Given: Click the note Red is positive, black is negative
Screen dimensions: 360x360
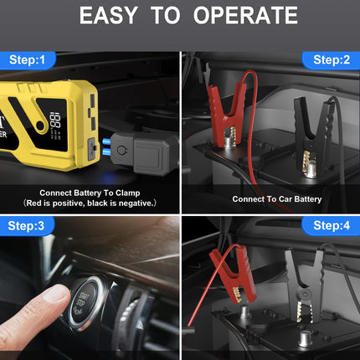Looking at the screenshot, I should pos(90,203).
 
